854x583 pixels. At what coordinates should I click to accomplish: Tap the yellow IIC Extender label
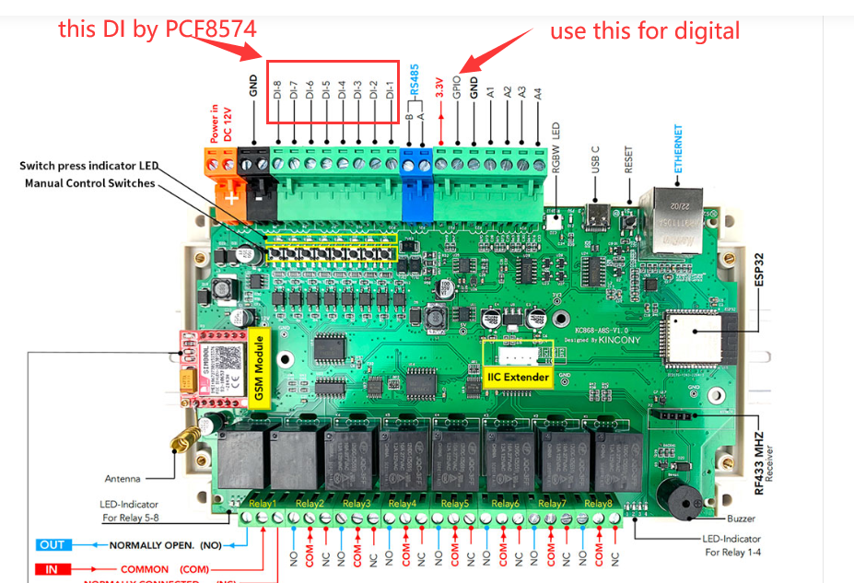tap(519, 377)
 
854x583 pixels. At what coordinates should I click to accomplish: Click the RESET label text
tap(629, 157)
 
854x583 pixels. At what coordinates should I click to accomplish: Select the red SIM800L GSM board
tap(210, 369)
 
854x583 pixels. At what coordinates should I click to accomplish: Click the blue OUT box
tap(52, 544)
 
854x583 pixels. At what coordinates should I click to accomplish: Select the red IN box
tap(52, 569)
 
